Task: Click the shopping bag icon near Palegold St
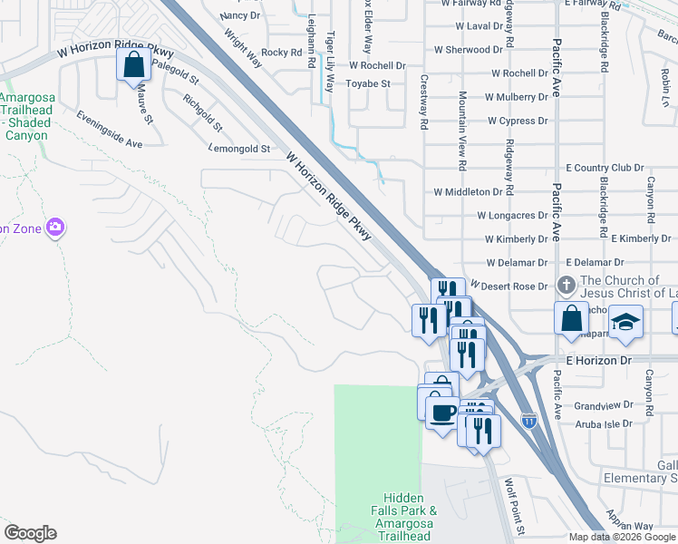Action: (134, 66)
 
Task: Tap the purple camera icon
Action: (55, 227)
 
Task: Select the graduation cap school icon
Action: (625, 322)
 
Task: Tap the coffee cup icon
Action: (442, 413)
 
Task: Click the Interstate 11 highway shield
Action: (529, 420)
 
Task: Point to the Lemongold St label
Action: (239, 149)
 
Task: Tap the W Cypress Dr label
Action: (518, 121)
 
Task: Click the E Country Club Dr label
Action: (605, 168)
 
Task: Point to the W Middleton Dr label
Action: (468, 192)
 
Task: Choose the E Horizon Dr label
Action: (597, 361)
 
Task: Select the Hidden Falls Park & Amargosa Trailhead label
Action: (410, 517)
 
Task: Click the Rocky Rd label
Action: (281, 53)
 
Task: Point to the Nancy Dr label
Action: (239, 15)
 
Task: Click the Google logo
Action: (30, 533)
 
